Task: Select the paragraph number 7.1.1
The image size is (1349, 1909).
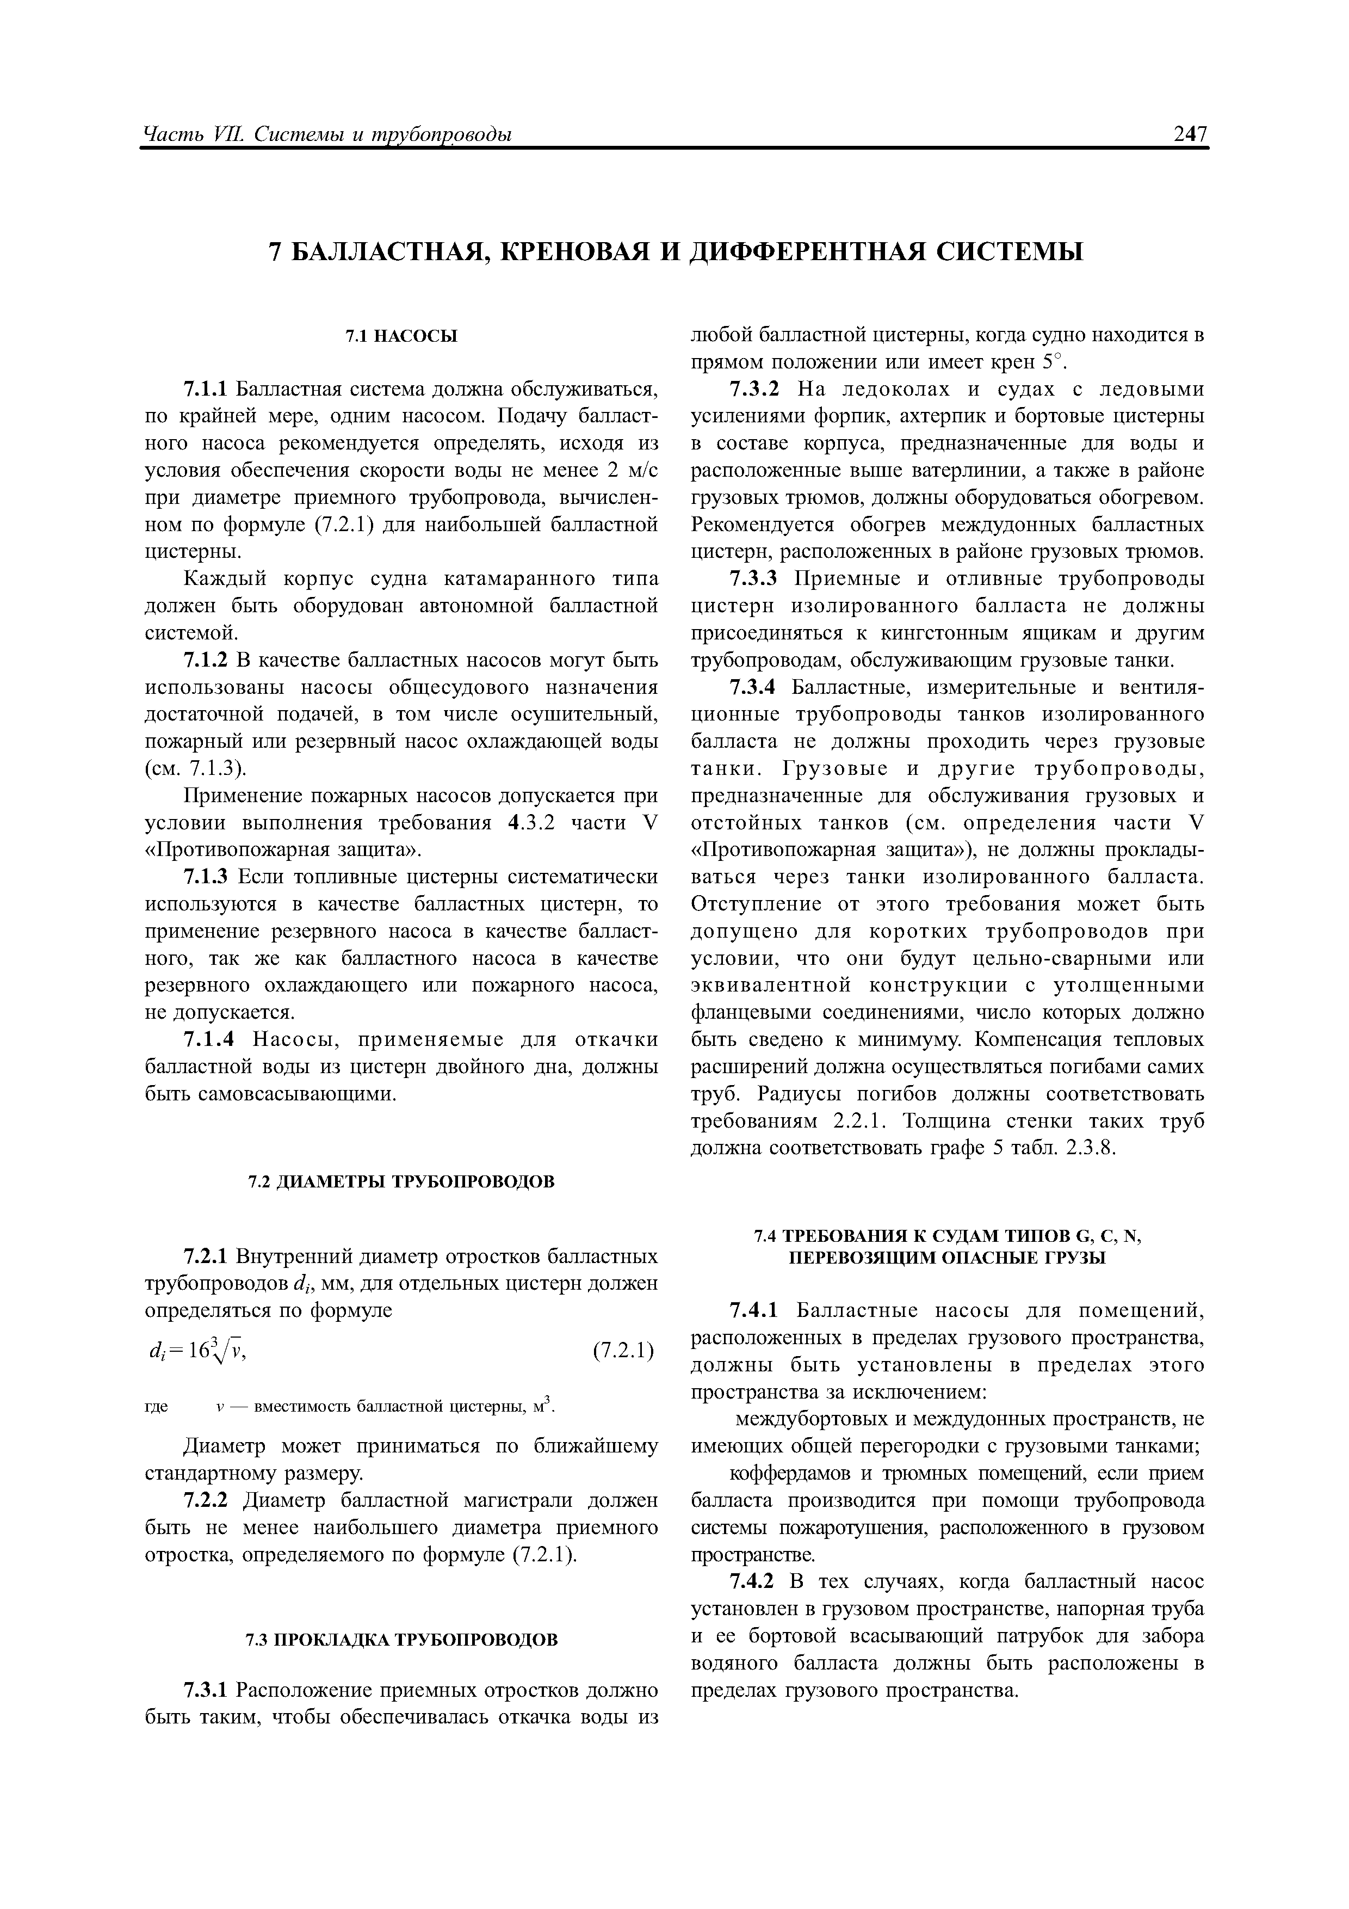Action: [x=208, y=390]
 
